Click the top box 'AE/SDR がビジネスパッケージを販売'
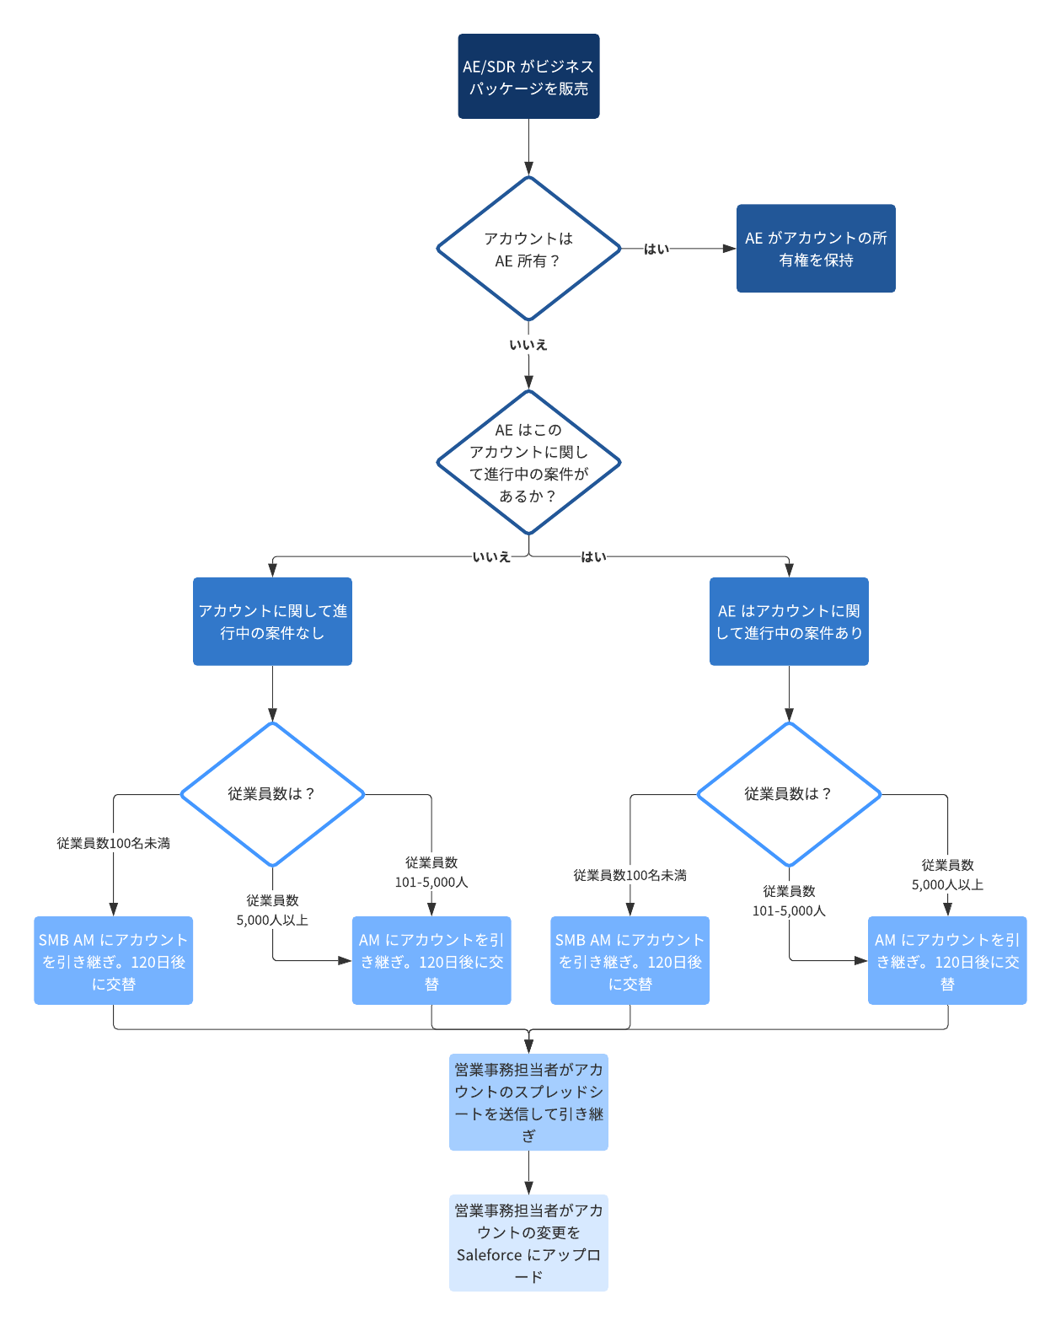pyautogui.click(x=528, y=77)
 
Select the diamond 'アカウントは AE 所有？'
pyautogui.click(x=528, y=250)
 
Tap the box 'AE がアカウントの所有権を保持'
pyautogui.click(x=816, y=249)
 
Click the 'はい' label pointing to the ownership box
pyautogui.click(x=656, y=250)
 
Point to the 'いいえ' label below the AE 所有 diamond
pyautogui.click(x=528, y=345)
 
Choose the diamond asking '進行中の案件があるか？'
pyautogui.click(x=528, y=462)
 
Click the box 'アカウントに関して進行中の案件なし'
pyautogui.click(x=272, y=621)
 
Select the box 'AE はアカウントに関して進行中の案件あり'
pyautogui.click(x=789, y=621)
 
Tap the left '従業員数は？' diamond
pyautogui.click(x=272, y=794)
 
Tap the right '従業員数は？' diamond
pyautogui.click(x=789, y=794)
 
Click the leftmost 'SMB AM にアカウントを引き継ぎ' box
pyautogui.click(x=114, y=961)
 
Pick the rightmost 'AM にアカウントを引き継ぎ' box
pyautogui.click(x=947, y=961)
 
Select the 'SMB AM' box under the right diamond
pyautogui.click(x=630, y=961)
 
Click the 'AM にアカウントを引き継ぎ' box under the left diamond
pyautogui.click(x=431, y=961)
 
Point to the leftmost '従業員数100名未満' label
pyautogui.click(x=114, y=844)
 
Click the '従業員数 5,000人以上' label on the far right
pyautogui.click(x=947, y=875)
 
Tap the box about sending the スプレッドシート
pyautogui.click(x=528, y=1103)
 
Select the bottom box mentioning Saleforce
pyautogui.click(x=528, y=1243)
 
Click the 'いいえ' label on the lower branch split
pyautogui.click(x=491, y=557)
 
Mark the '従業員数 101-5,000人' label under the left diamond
pyautogui.click(x=431, y=872)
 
